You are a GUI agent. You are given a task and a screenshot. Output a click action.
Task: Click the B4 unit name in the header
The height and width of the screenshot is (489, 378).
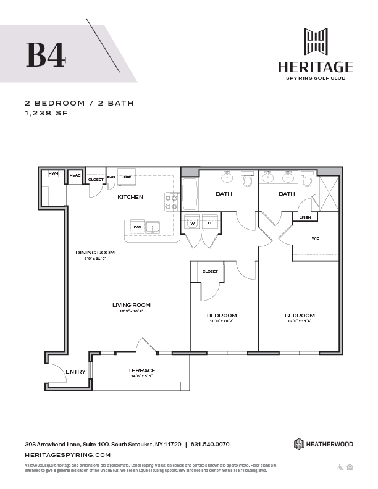pyautogui.click(x=45, y=54)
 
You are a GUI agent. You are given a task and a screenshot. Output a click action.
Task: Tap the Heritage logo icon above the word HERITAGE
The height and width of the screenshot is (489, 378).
pyautogui.click(x=315, y=41)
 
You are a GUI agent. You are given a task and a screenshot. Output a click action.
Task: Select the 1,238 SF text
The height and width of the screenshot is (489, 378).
pyautogui.click(x=45, y=114)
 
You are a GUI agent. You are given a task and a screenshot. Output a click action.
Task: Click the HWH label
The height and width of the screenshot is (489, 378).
pyautogui.click(x=54, y=175)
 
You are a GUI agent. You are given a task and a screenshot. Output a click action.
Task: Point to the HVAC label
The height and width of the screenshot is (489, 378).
pyautogui.click(x=75, y=175)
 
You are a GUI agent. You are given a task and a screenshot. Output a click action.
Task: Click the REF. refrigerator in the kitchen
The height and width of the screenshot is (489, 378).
pyautogui.click(x=127, y=177)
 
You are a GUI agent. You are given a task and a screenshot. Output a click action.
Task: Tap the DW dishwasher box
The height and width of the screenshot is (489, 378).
pyautogui.click(x=137, y=227)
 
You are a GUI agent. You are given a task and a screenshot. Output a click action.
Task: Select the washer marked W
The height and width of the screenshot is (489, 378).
pyautogui.click(x=193, y=223)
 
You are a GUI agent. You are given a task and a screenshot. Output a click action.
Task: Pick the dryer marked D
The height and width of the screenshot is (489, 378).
pyautogui.click(x=209, y=223)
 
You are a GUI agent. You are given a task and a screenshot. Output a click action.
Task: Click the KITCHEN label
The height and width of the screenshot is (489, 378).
pyautogui.click(x=130, y=197)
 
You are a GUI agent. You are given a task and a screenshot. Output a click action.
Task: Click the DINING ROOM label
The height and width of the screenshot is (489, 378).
pyautogui.click(x=95, y=253)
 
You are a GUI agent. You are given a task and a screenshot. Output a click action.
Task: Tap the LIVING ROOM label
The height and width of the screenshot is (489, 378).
pyautogui.click(x=132, y=305)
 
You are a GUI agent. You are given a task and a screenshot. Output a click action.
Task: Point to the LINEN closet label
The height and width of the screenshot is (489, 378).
pyautogui.click(x=305, y=217)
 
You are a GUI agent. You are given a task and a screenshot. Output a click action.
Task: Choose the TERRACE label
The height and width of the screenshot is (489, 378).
pyautogui.click(x=141, y=370)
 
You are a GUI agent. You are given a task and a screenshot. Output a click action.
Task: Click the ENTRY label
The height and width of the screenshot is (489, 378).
pyautogui.click(x=75, y=372)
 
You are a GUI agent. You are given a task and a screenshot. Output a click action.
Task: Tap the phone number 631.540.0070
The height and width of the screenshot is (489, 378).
pyautogui.click(x=210, y=444)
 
